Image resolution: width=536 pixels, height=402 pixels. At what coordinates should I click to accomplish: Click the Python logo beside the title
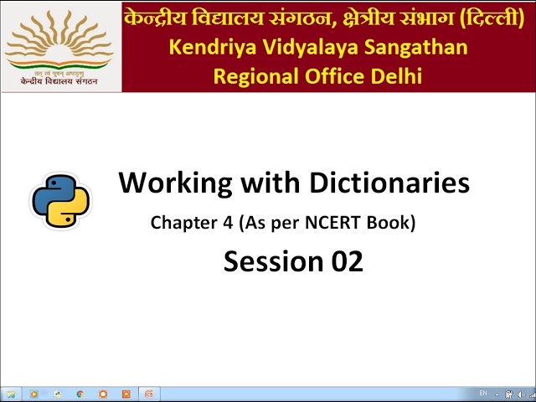[60, 201]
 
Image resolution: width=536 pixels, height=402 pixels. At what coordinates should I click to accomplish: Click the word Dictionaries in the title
[389, 183]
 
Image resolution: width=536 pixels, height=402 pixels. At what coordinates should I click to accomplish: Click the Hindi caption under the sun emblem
[60, 81]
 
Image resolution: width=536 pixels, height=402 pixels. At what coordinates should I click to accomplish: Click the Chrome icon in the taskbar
[80, 394]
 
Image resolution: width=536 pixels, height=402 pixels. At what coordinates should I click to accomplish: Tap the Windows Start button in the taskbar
[10, 394]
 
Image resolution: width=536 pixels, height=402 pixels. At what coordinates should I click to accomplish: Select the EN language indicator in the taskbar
[483, 393]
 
